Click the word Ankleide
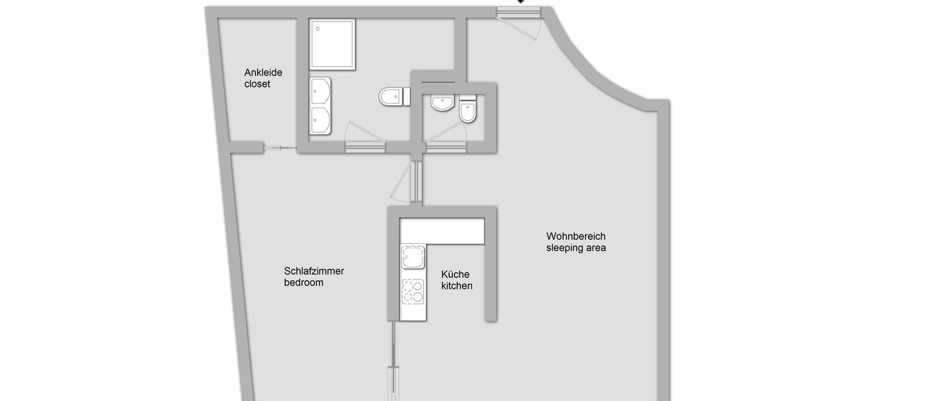pos(263,72)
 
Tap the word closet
pos(257,84)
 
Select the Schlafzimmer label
pos(314,271)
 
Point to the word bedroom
pos(304,283)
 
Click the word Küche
pos(455,274)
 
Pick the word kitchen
pos(457,286)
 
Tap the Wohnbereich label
pos(576,236)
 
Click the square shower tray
pos(332,44)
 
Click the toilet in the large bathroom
pos(394,97)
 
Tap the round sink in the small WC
pos(443,103)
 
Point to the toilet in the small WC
pos(469,111)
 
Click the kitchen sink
pos(412,257)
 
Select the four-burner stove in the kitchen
pos(412,291)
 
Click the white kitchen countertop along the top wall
pos(441,231)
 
